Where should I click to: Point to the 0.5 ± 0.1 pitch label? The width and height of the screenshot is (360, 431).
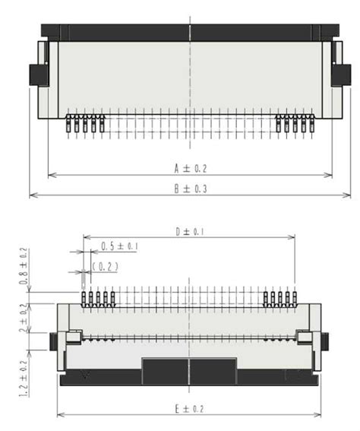click(x=118, y=246)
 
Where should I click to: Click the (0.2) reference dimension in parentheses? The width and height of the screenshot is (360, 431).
click(x=105, y=266)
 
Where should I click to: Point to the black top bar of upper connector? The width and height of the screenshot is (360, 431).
click(x=189, y=32)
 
